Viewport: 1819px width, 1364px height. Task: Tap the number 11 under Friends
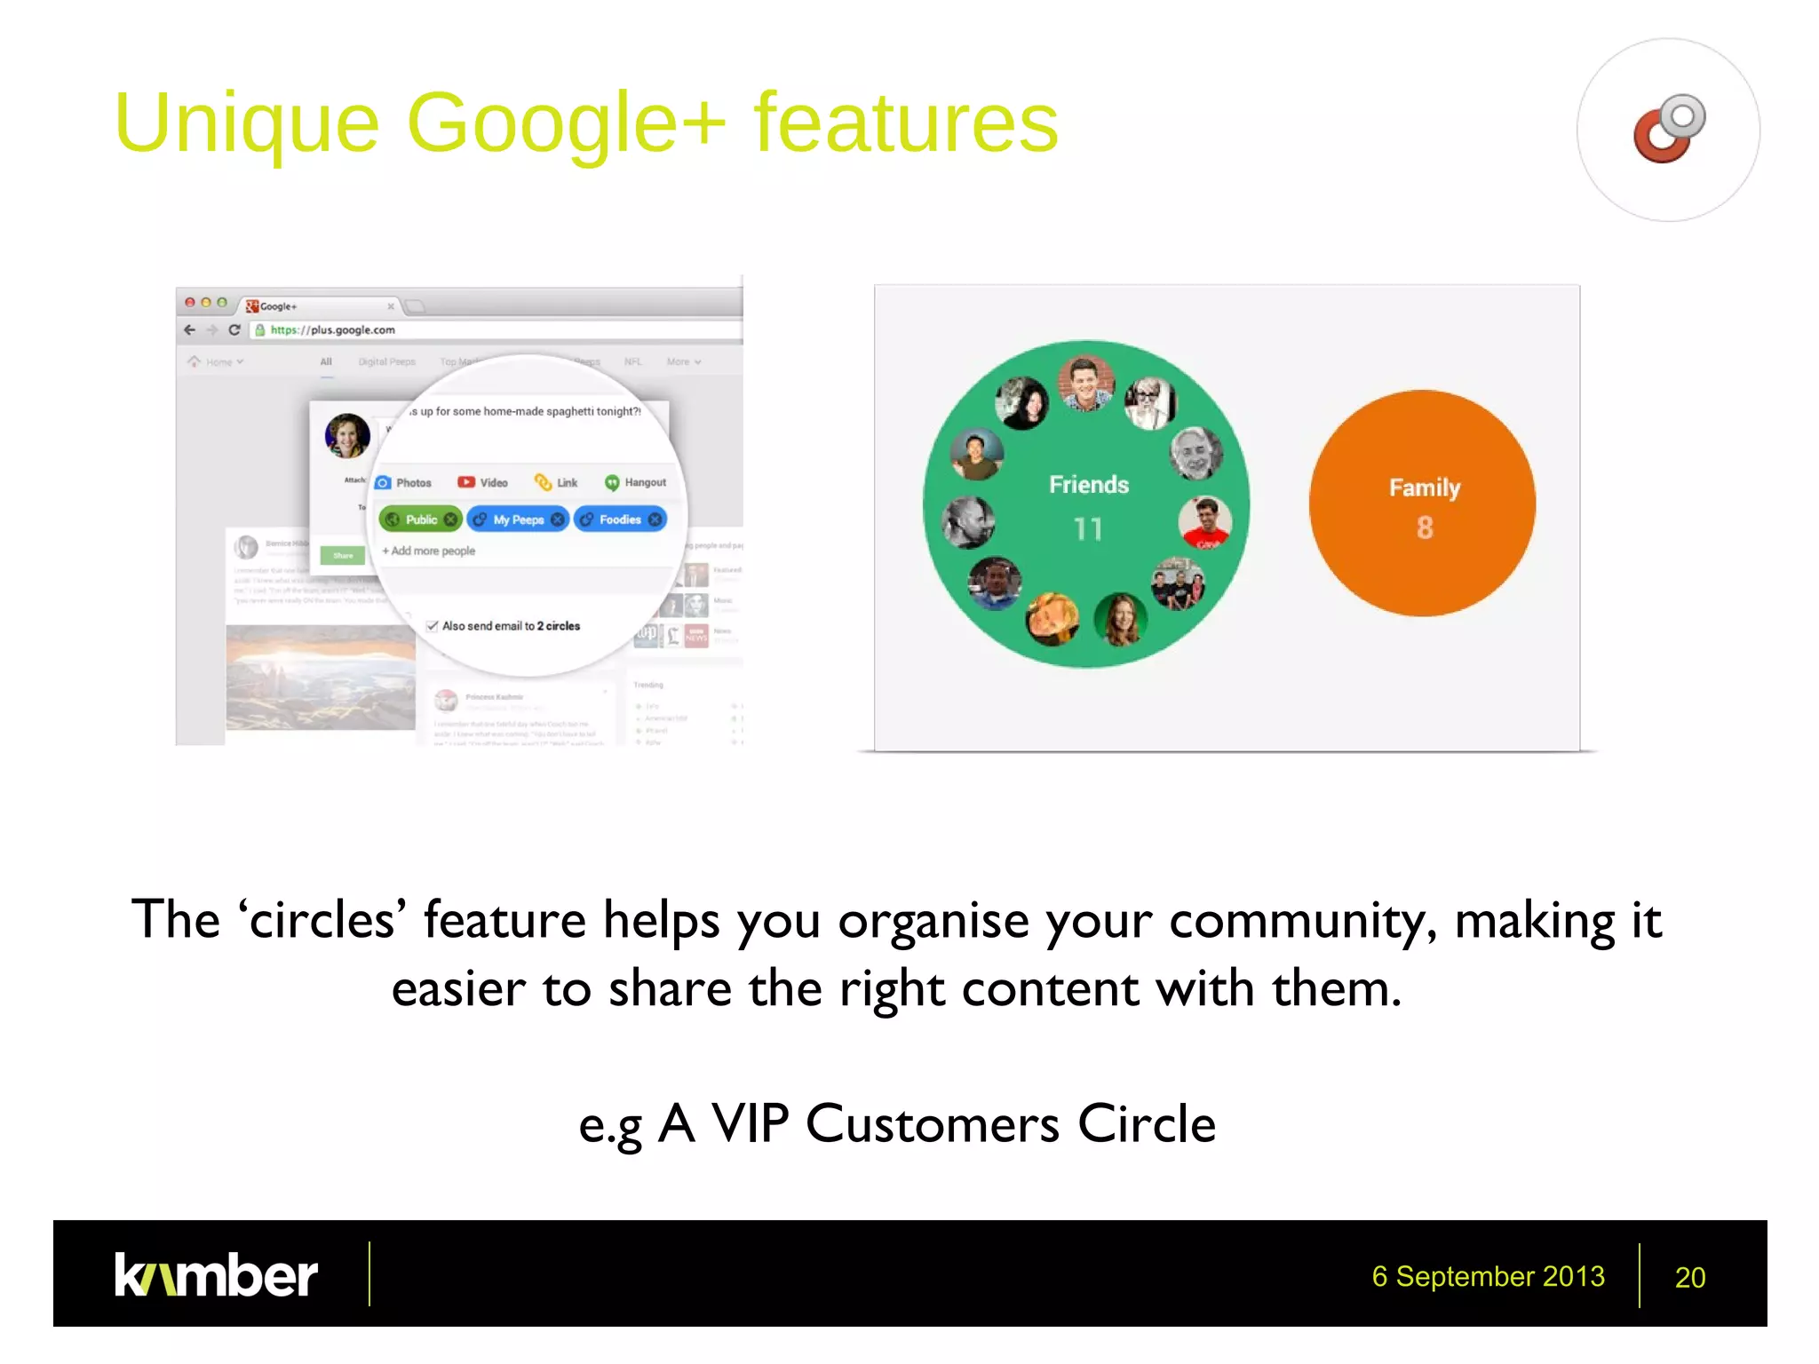tap(1087, 529)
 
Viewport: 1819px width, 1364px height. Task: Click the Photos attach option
tap(404, 482)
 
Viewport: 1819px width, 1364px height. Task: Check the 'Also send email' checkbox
tap(433, 626)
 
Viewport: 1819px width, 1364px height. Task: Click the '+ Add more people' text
tap(429, 551)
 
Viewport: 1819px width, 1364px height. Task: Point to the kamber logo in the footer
tap(216, 1275)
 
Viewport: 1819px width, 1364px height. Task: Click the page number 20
tap(1689, 1277)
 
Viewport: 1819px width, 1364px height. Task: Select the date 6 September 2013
tap(1488, 1276)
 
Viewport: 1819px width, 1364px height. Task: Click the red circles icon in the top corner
tap(1668, 130)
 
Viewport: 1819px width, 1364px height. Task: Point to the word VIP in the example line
tap(750, 1124)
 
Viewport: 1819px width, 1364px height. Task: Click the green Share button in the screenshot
tap(343, 555)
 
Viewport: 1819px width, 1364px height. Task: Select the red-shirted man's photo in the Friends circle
tap(1205, 522)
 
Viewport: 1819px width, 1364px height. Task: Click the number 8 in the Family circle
tap(1425, 527)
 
